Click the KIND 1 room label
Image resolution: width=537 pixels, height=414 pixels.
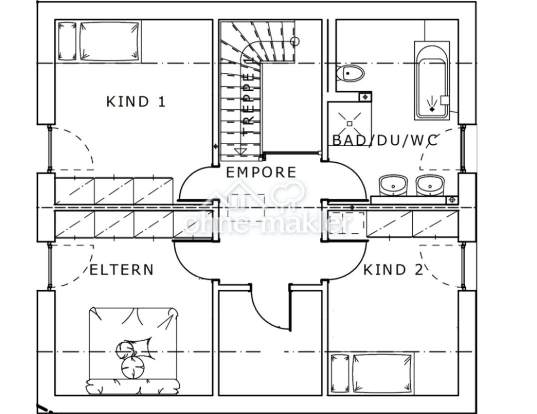point(135,102)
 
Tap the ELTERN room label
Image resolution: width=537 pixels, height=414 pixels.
point(121,270)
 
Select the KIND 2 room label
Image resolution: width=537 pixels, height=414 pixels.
point(392,270)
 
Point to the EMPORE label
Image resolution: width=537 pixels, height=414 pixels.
point(261,173)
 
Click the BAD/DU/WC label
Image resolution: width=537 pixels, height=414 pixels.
point(385,141)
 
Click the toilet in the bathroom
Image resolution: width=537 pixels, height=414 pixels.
point(350,74)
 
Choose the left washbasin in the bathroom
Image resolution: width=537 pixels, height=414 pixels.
point(394,185)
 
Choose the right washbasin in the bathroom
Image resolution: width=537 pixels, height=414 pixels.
point(430,185)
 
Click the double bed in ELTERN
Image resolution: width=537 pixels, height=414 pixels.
point(133,349)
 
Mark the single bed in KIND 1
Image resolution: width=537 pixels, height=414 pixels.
point(98,41)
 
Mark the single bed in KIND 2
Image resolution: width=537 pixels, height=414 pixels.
point(371,373)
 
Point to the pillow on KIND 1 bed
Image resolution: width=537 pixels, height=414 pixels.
point(67,41)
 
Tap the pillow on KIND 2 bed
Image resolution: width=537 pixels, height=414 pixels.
point(340,373)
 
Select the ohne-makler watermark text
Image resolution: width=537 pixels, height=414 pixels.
point(267,223)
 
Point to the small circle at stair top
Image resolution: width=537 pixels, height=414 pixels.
point(294,41)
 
